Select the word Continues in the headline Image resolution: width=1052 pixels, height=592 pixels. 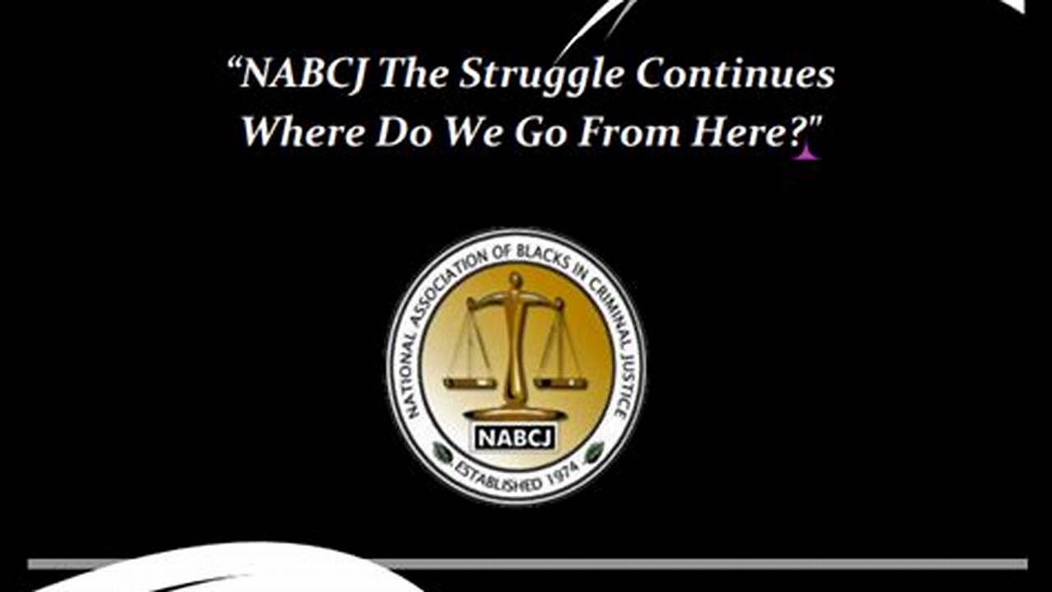coord(735,75)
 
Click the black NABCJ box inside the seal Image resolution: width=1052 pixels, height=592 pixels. coord(514,436)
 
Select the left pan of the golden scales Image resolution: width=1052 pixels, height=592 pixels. coord(470,382)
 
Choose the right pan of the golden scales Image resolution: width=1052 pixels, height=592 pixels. coord(560,382)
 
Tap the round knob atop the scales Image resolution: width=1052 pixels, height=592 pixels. coord(516,281)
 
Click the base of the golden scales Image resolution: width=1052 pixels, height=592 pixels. coord(516,412)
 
